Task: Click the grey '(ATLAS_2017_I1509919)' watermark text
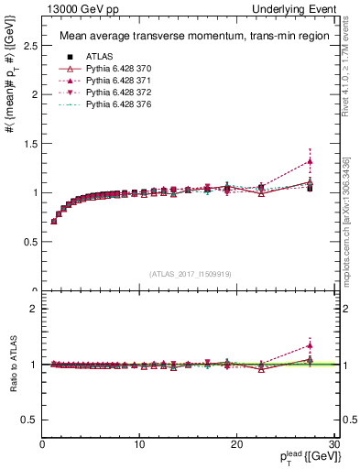(189, 273)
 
